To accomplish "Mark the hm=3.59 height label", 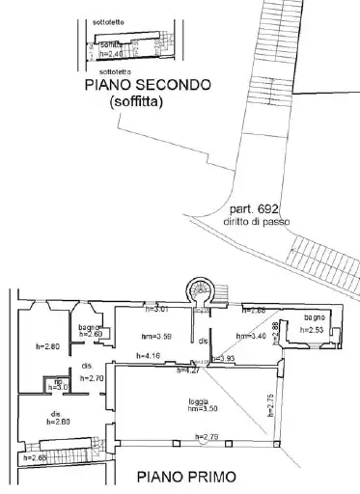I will point(156,336).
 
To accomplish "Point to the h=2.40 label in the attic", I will point(112,54).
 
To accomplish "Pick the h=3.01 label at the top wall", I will point(156,310).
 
